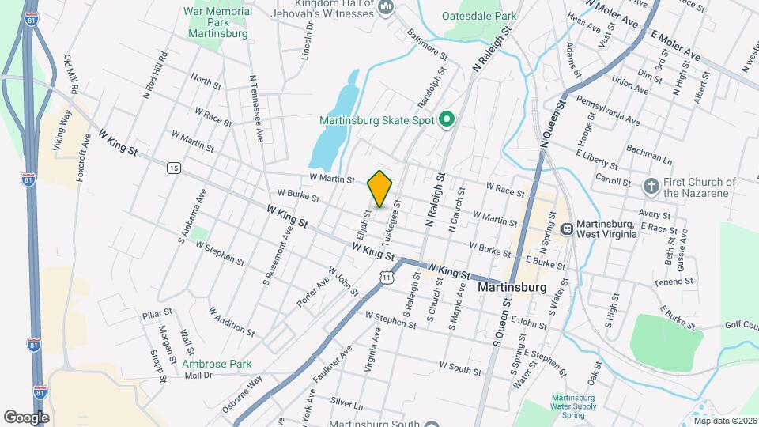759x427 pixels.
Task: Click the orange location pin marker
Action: [x=380, y=188]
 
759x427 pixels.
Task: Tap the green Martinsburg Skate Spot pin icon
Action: [x=446, y=120]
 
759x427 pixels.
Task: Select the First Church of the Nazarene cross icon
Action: [x=651, y=187]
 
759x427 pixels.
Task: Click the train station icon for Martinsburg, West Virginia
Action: [x=567, y=229]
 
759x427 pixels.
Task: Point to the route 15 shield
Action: [x=173, y=168]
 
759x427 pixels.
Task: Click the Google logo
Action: [x=26, y=416]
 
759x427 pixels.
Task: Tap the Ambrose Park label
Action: [x=216, y=364]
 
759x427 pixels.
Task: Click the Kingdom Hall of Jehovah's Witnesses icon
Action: [x=387, y=8]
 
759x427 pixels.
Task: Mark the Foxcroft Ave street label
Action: [x=81, y=158]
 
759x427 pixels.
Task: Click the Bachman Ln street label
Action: [x=648, y=149]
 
